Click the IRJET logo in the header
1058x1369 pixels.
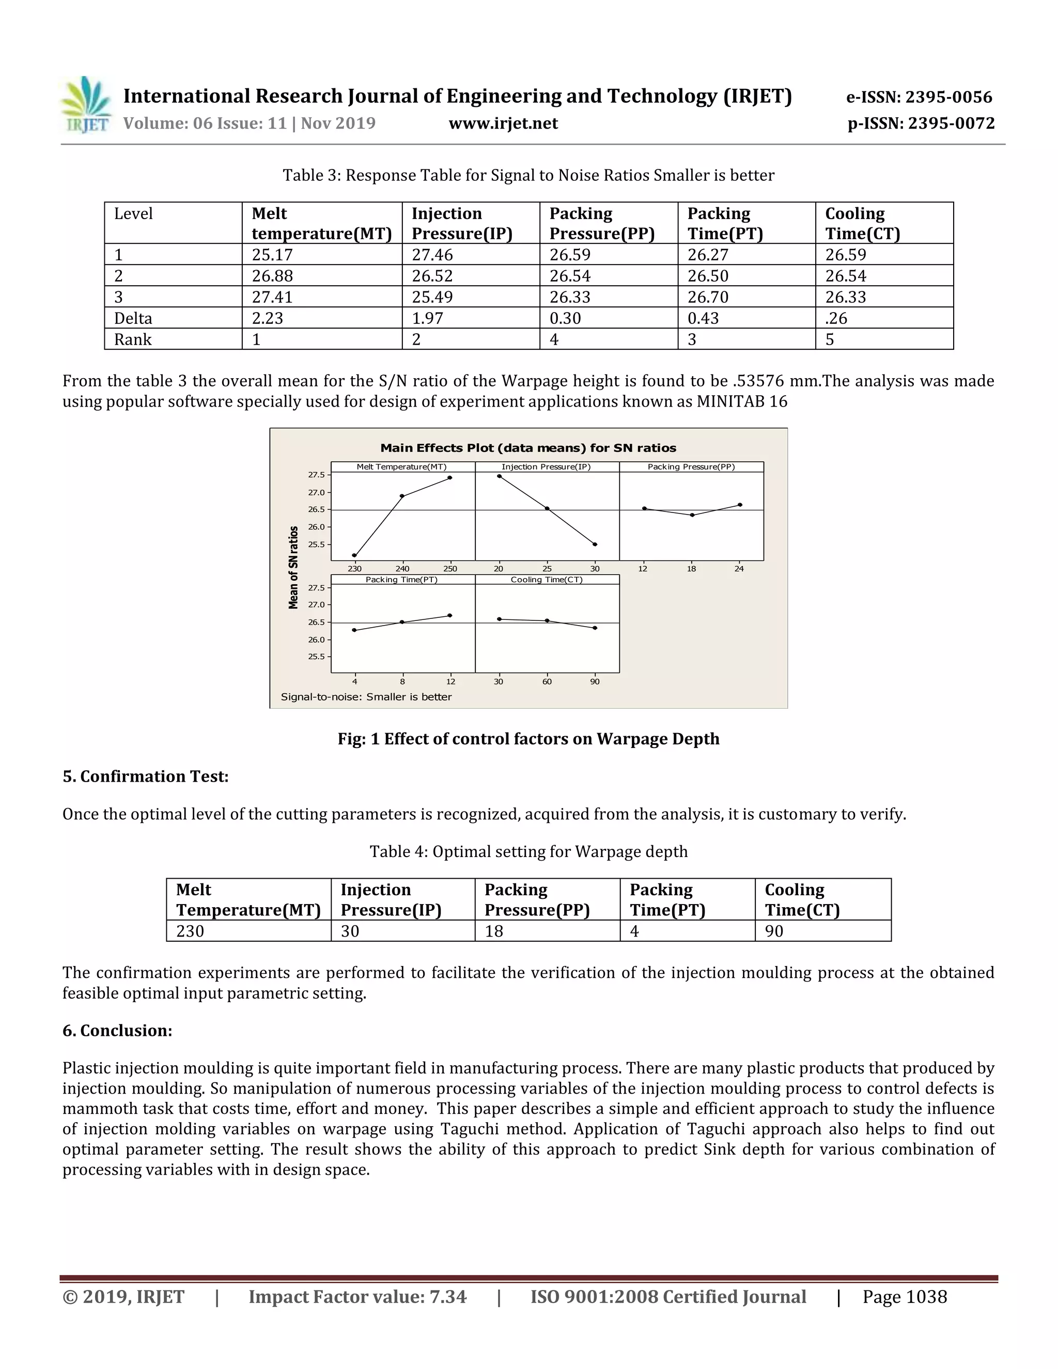[x=86, y=105]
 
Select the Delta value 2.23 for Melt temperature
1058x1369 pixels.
[x=268, y=318]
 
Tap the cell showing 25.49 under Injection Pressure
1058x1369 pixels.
[x=432, y=297]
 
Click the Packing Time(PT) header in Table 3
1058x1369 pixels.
[x=725, y=223]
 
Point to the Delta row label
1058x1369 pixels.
[x=133, y=318]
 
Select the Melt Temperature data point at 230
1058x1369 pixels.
[x=355, y=555]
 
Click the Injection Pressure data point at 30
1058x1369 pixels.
[x=595, y=544]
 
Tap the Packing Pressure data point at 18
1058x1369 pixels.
[x=691, y=515]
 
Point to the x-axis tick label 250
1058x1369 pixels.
[x=450, y=569]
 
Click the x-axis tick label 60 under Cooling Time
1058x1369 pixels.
[x=547, y=682]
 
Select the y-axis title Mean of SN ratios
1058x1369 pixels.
[x=293, y=567]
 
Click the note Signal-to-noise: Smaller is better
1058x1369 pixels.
[x=366, y=697]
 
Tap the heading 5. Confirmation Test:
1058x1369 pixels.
[x=145, y=776]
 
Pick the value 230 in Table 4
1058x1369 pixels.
[x=190, y=931]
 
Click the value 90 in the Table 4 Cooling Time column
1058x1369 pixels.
[x=774, y=931]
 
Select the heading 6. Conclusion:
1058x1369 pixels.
[x=117, y=1031]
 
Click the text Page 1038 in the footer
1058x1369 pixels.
[x=905, y=1297]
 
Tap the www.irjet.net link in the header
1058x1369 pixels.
[x=503, y=123]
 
